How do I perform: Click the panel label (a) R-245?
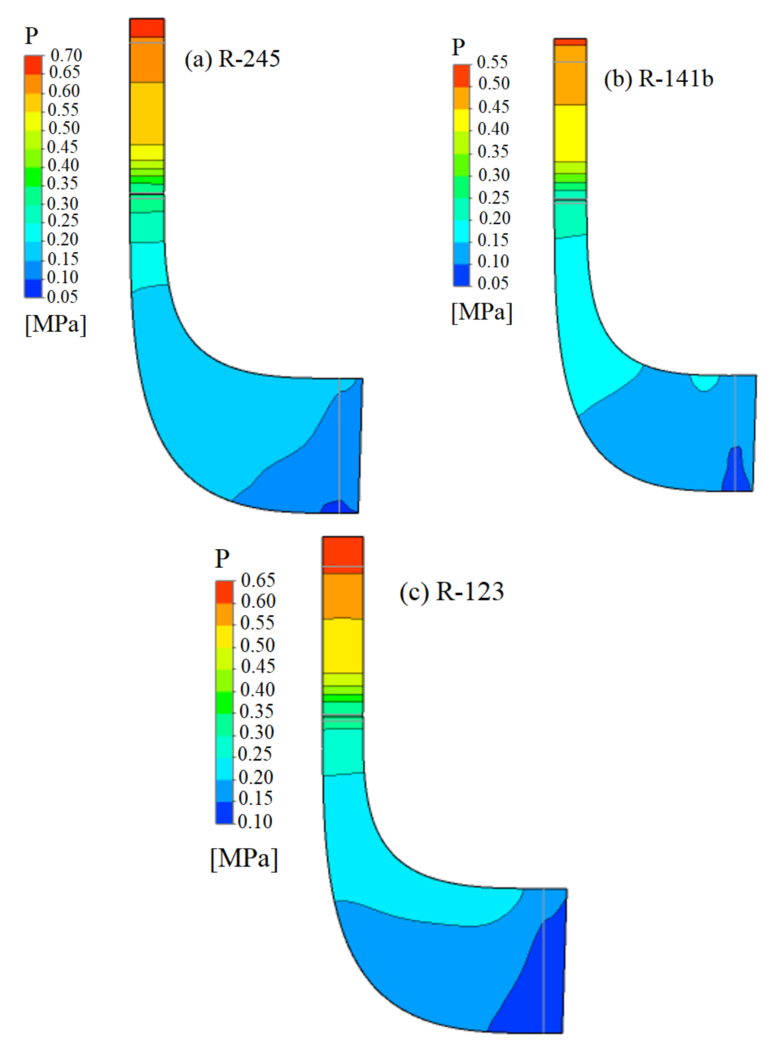232,59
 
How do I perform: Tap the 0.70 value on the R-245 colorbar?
66,55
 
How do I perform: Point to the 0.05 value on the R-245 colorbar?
62,296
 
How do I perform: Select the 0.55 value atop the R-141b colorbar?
492,61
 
